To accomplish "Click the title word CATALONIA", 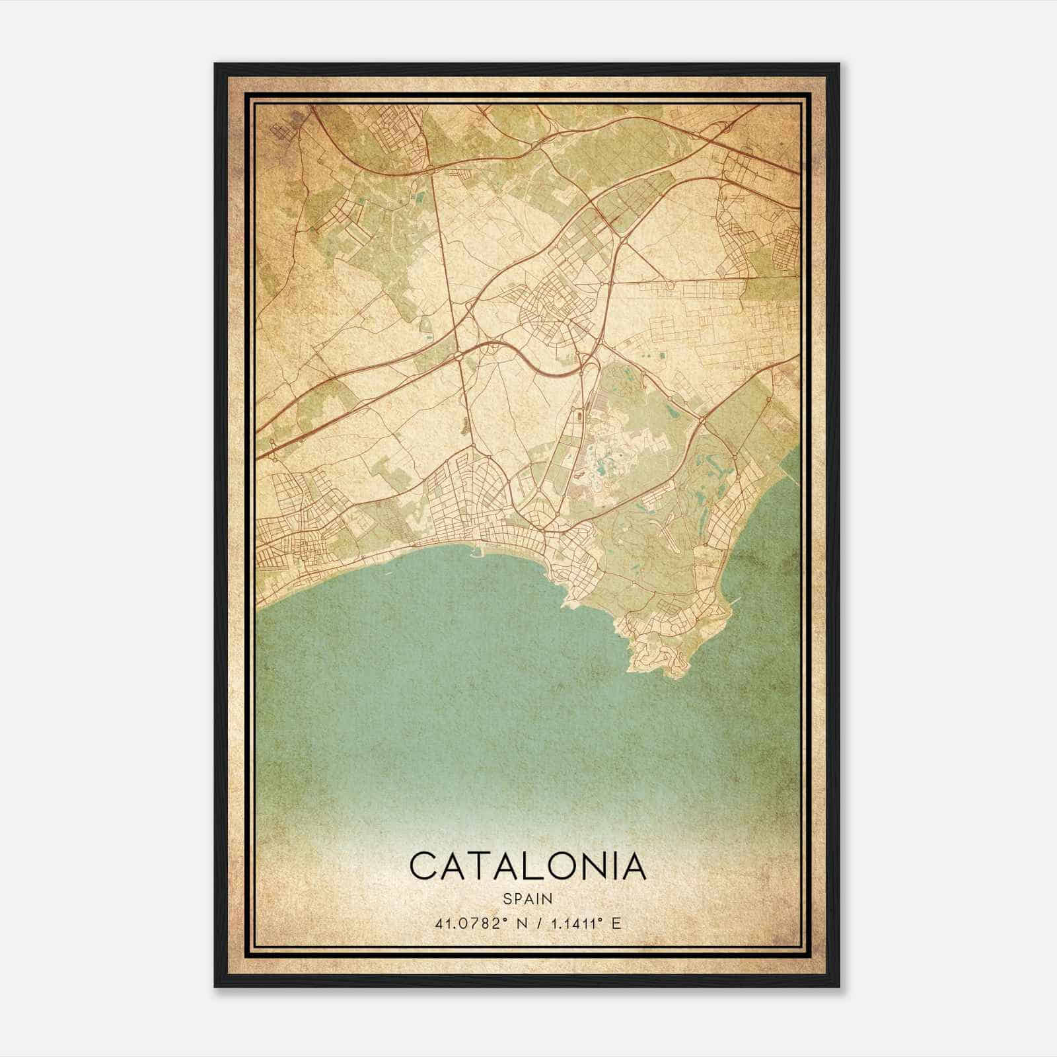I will (528, 867).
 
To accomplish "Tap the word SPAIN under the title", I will (528, 898).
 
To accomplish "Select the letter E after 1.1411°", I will (616, 924).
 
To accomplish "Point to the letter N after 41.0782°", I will (522, 924).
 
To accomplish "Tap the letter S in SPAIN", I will (507, 898).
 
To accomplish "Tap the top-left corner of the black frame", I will (215, 64).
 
